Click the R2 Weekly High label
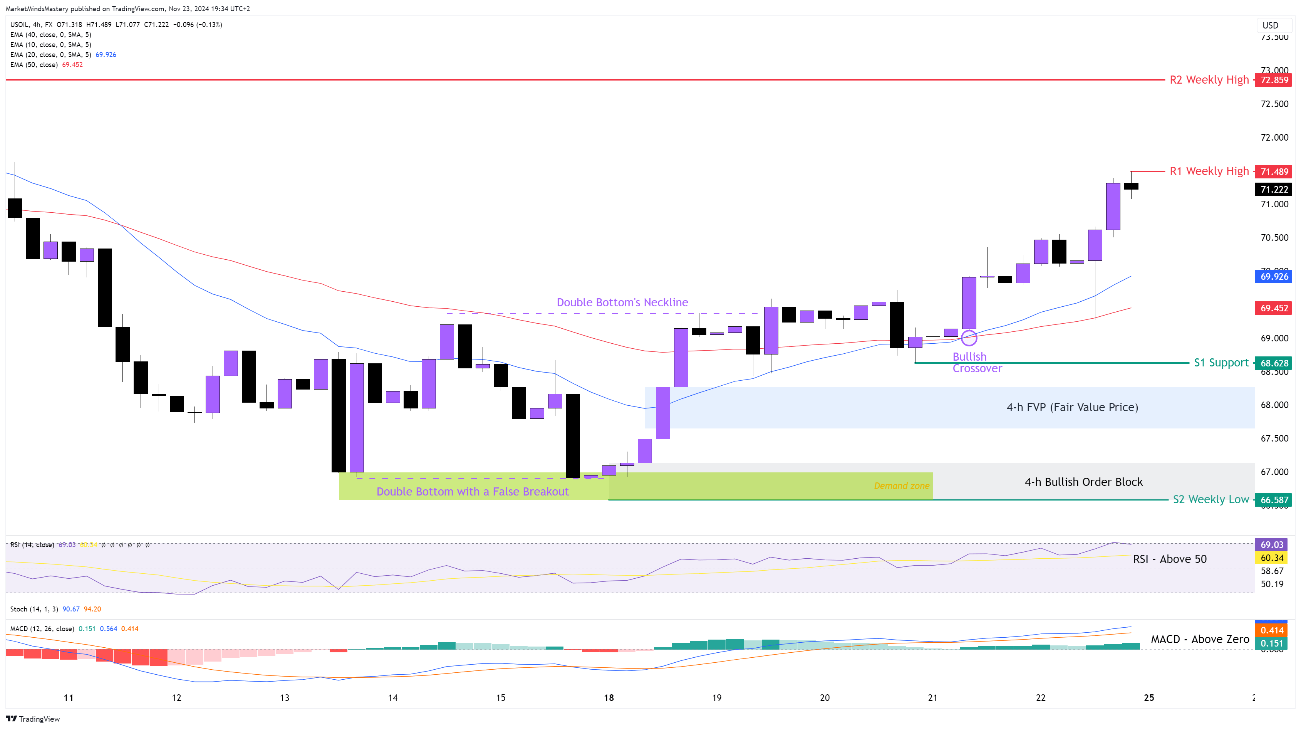click(x=1209, y=80)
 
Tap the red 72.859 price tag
click(x=1274, y=80)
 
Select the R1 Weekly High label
click(x=1209, y=171)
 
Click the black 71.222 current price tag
click(x=1274, y=190)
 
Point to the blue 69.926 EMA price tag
click(x=1274, y=276)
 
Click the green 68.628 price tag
click(x=1274, y=363)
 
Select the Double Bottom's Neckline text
click(x=622, y=302)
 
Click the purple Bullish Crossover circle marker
click(x=969, y=338)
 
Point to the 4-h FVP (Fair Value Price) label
click(x=1072, y=407)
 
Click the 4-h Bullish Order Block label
click(x=1083, y=482)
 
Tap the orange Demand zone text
click(x=902, y=485)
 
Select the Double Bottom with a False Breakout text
click(x=472, y=492)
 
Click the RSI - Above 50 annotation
click(x=1170, y=559)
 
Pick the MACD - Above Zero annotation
click(x=1199, y=639)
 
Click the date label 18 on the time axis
click(x=609, y=698)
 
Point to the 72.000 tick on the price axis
click(x=1274, y=138)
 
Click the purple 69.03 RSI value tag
click(x=1272, y=544)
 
